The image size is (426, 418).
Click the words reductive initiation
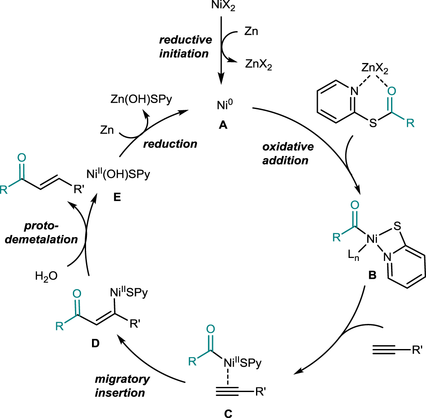[184, 47]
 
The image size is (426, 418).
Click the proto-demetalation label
[50, 232]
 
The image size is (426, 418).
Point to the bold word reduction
[170, 144]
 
